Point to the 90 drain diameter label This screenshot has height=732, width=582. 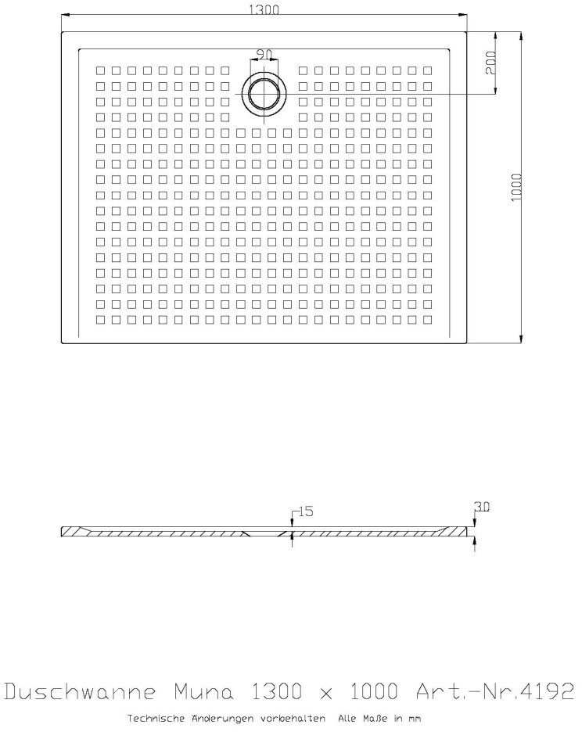pos(264,54)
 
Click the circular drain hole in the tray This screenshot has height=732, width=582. pos(264,93)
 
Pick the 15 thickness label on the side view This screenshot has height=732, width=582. pos(305,511)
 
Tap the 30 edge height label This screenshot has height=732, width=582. pos(482,507)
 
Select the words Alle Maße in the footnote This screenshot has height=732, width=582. pos(366,717)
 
